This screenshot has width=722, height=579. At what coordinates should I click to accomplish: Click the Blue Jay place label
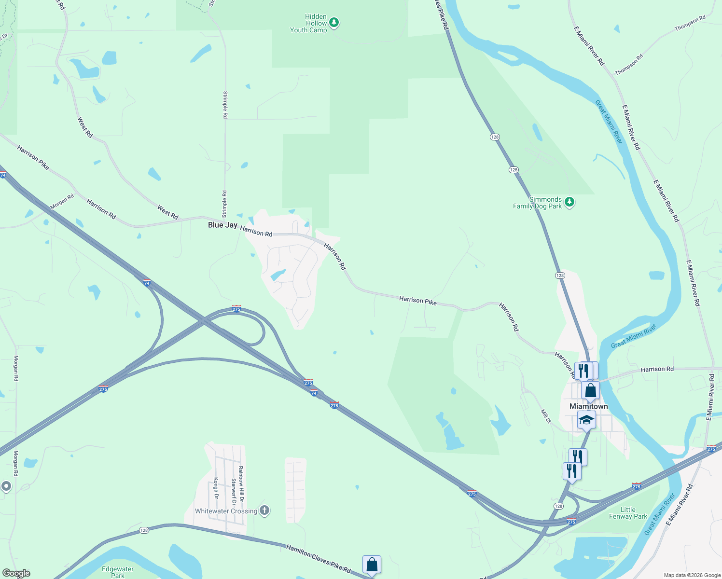click(x=222, y=225)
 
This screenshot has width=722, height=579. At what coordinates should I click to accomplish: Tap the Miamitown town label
click(x=588, y=406)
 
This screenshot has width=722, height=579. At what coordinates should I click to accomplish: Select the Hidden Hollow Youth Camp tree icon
click(x=334, y=23)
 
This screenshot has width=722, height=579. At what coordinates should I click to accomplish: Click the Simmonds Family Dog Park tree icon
click(x=569, y=202)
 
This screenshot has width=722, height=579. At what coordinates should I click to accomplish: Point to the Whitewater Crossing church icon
click(x=264, y=510)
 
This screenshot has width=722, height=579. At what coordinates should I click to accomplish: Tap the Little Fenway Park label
click(x=628, y=513)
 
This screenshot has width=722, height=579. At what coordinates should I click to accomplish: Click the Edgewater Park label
click(x=118, y=572)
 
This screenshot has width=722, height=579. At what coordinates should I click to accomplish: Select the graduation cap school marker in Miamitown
click(x=586, y=420)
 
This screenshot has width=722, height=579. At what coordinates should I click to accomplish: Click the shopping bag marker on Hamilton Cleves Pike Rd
click(x=372, y=565)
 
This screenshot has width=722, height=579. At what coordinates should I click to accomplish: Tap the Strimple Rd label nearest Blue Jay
click(x=224, y=204)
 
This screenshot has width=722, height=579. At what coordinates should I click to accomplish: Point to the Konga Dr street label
click(x=216, y=488)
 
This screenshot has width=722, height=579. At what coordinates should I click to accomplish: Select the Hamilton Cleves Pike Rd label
click(x=318, y=559)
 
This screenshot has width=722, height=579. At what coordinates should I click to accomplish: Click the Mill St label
click(x=545, y=416)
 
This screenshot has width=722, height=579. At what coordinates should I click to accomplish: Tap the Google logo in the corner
click(x=16, y=573)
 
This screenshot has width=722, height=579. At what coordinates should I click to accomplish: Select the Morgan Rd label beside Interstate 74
click(x=62, y=202)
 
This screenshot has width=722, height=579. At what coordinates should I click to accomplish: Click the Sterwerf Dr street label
click(x=233, y=488)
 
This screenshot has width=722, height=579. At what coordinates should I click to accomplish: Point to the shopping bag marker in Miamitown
click(x=590, y=390)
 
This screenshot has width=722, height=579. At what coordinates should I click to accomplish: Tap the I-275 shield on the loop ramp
click(x=236, y=309)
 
